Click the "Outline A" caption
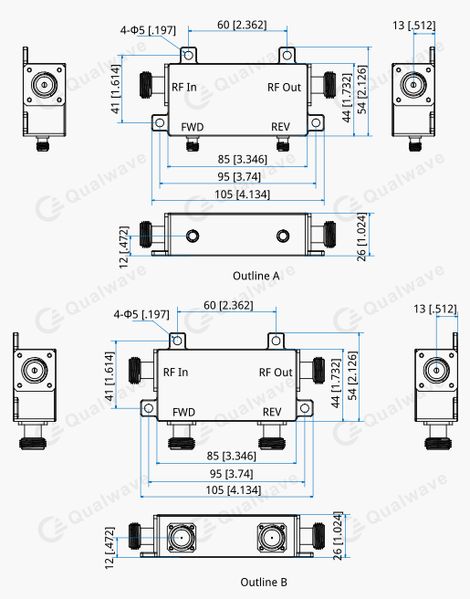tap(256, 276)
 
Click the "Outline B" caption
tap(264, 583)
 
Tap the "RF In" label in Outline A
tap(184, 87)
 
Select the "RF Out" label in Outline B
tap(276, 373)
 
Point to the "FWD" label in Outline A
tap(193, 127)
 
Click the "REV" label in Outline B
tap(272, 412)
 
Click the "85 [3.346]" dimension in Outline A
tap(243, 159)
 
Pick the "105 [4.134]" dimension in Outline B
tap(234, 489)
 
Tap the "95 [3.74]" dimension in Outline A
tap(239, 177)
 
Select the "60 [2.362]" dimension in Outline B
tap(228, 305)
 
